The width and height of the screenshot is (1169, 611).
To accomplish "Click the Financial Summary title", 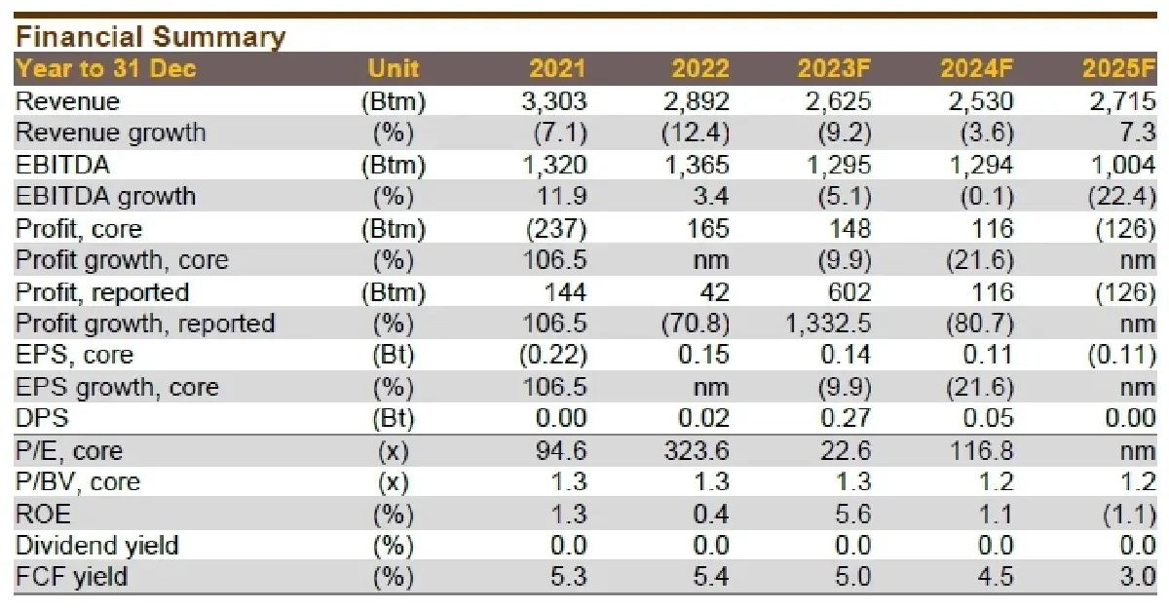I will tap(151, 37).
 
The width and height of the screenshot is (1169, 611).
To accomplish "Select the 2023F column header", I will tap(834, 69).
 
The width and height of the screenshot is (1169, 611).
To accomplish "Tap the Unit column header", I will tap(394, 69).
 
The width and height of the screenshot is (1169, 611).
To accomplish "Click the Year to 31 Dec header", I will tap(106, 69).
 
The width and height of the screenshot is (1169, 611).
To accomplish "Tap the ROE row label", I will tap(44, 515).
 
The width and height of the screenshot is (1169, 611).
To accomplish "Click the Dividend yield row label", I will tap(97, 546).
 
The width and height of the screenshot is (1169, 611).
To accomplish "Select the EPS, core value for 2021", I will tap(551, 355).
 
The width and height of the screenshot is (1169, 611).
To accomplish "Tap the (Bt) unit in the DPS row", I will tap(394, 419).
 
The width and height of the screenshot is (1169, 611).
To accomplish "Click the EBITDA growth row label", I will tap(106, 196).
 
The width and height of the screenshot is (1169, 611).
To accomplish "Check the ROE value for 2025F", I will tap(1130, 515).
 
